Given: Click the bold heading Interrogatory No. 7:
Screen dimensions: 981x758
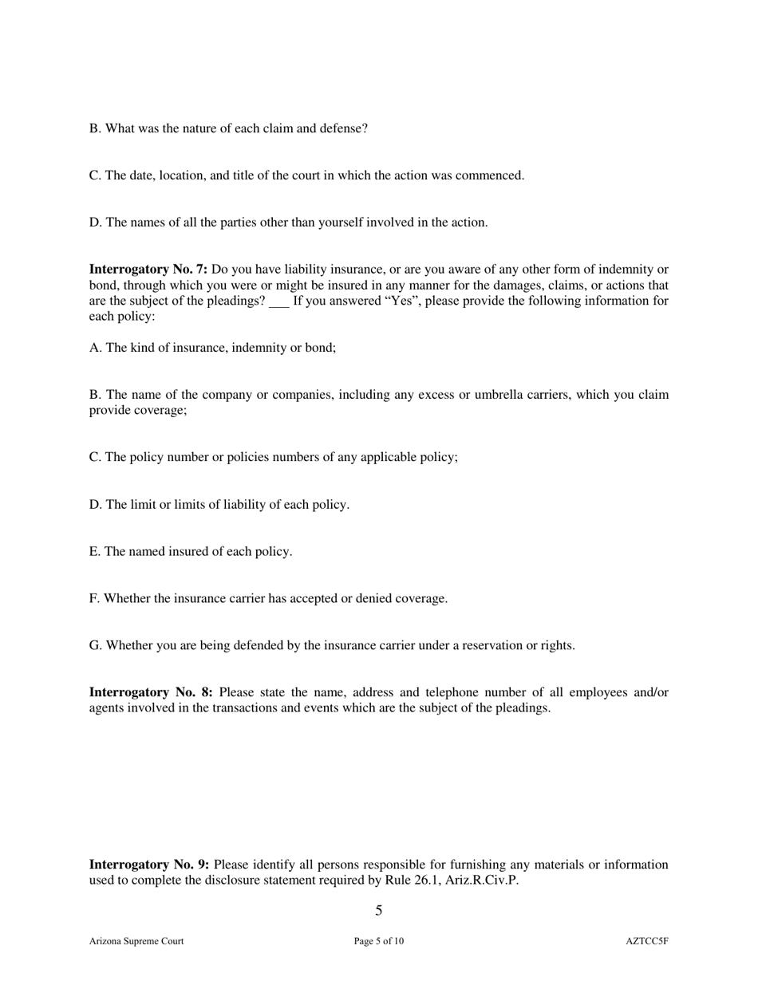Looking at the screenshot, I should point(148,270).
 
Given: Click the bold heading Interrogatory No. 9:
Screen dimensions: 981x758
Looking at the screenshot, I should point(149,865).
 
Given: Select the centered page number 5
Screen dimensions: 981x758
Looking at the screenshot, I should point(379,911).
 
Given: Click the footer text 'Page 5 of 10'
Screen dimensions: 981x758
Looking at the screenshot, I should point(379,941).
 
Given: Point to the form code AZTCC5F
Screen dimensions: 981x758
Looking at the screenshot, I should point(647,941).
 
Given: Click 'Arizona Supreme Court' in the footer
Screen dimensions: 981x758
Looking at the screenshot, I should point(136,941).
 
